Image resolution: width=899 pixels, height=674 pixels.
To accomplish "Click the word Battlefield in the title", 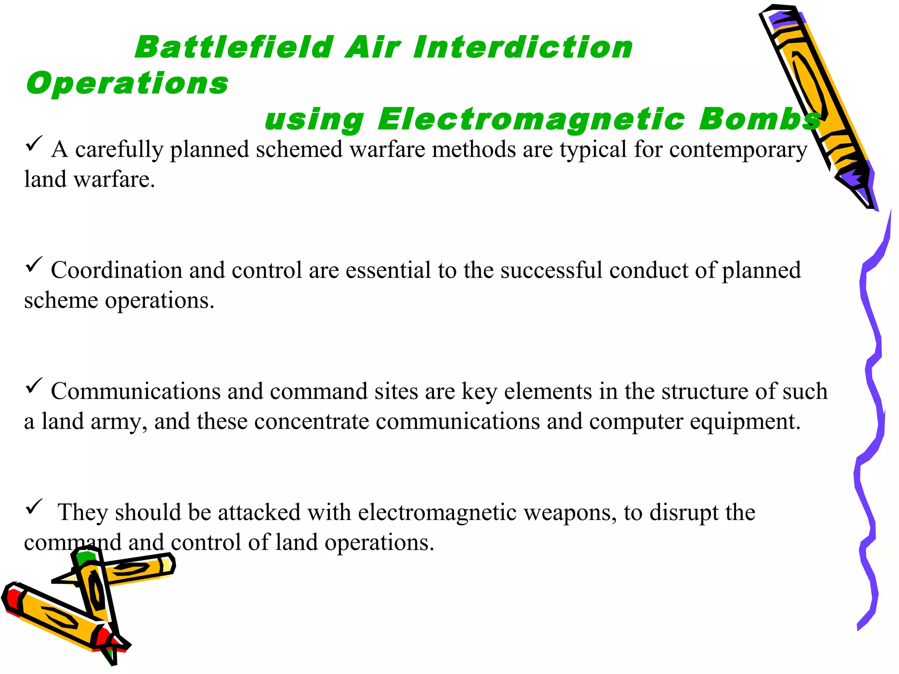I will coord(234,47).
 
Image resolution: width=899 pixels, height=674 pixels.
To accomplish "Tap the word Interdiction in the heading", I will coord(522,47).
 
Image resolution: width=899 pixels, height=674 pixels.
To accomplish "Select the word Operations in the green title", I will coord(127,83).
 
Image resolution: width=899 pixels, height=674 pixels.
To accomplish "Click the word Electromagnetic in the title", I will coord(531,119).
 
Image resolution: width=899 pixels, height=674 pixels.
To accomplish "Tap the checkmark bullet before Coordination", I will coord(34,264).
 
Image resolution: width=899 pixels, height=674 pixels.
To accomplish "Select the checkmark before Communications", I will coord(34,385).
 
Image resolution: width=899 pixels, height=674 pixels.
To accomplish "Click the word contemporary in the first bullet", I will coord(738,150).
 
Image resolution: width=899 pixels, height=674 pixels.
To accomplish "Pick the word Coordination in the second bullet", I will coord(116,270).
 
